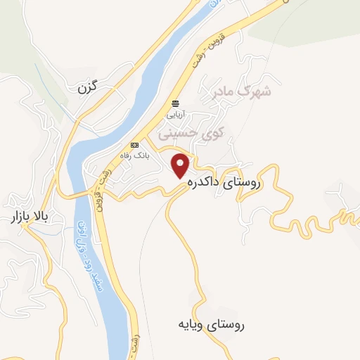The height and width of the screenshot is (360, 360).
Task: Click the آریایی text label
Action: (x=174, y=114)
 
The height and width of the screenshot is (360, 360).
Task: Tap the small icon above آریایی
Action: (x=174, y=103)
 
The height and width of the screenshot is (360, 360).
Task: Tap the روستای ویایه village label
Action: (x=211, y=325)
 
